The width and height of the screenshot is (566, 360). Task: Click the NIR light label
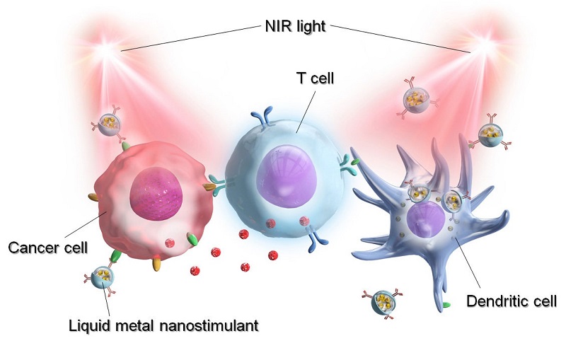[x=295, y=26]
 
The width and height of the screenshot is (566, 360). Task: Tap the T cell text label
[x=315, y=79]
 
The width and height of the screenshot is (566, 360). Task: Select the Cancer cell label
[x=48, y=248]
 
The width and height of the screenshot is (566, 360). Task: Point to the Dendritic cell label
[x=512, y=301]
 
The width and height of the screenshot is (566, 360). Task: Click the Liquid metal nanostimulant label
[x=163, y=325]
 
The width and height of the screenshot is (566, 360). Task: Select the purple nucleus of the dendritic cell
[x=426, y=219]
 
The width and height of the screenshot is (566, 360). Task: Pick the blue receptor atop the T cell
[x=266, y=117]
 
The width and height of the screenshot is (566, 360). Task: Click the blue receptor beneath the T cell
[x=315, y=239]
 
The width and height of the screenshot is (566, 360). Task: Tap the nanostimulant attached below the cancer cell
[x=100, y=278]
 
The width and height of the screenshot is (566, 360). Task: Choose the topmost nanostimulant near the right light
[x=418, y=97]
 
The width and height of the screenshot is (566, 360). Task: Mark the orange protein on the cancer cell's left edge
[x=93, y=197]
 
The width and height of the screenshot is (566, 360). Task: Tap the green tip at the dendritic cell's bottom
[x=446, y=305]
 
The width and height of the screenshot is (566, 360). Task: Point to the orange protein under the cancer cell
[x=156, y=263]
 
